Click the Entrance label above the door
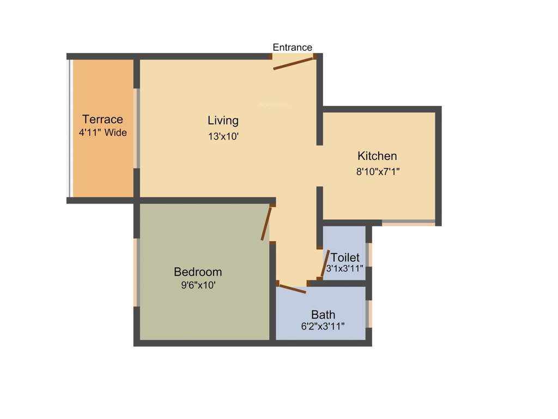click(x=293, y=47)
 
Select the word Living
click(x=223, y=120)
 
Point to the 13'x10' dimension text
click(x=223, y=137)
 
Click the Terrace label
click(x=102, y=119)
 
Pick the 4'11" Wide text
click(x=103, y=133)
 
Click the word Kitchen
click(x=377, y=156)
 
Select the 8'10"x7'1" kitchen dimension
click(x=378, y=171)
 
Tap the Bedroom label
click(x=198, y=272)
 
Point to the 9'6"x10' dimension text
click(x=198, y=285)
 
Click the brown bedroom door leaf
click(x=266, y=223)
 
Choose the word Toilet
click(x=345, y=257)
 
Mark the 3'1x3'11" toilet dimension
click(x=345, y=268)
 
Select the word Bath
click(x=323, y=314)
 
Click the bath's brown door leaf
click(x=292, y=288)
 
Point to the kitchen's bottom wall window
click(x=408, y=223)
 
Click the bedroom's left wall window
click(x=136, y=272)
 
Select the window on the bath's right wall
click(x=370, y=314)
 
